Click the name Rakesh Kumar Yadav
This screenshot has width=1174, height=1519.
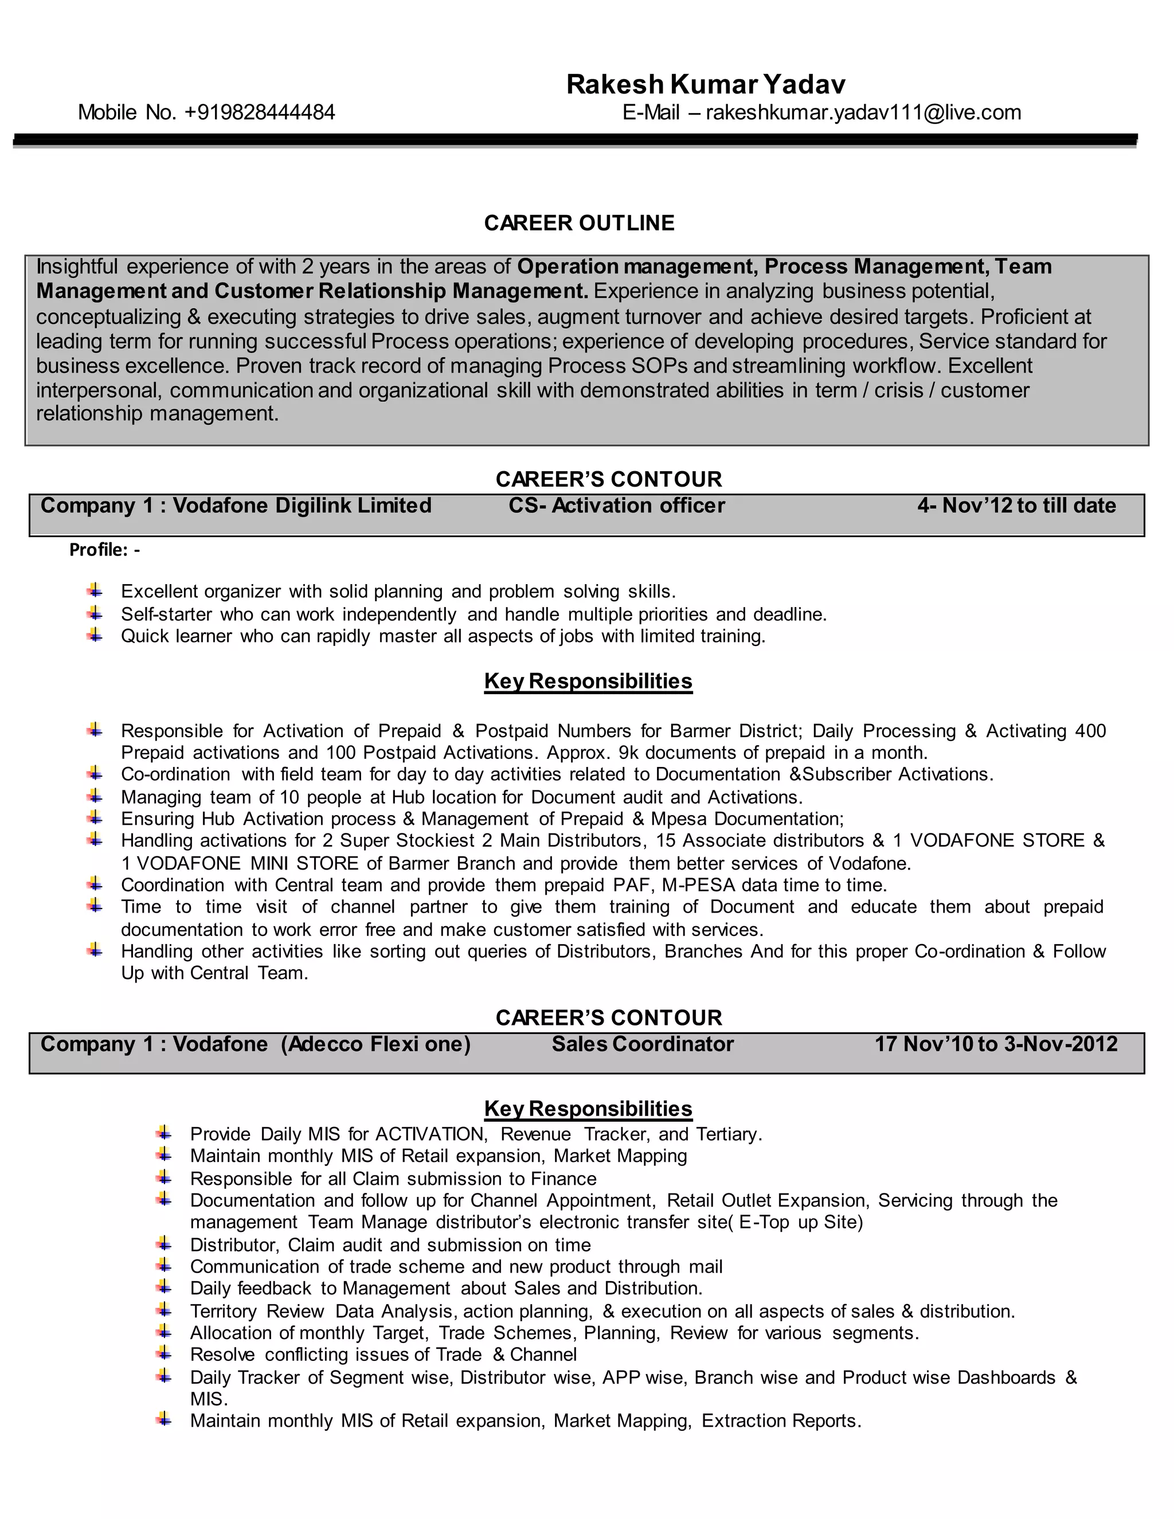point(705,84)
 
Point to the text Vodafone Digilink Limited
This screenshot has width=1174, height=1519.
point(302,505)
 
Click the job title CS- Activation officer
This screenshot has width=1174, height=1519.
point(616,505)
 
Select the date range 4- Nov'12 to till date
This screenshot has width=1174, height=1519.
point(1016,505)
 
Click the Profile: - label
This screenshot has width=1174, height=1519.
point(104,550)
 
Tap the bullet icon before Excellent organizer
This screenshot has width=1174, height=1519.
point(95,590)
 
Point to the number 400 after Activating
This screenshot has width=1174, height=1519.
point(1090,730)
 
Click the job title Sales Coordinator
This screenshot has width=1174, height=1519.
point(643,1043)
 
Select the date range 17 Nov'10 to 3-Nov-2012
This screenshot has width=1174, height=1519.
point(995,1043)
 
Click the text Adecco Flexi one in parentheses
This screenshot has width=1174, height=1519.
point(375,1043)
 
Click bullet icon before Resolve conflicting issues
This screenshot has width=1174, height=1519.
point(164,1353)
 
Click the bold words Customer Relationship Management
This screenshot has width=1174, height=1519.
point(401,291)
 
